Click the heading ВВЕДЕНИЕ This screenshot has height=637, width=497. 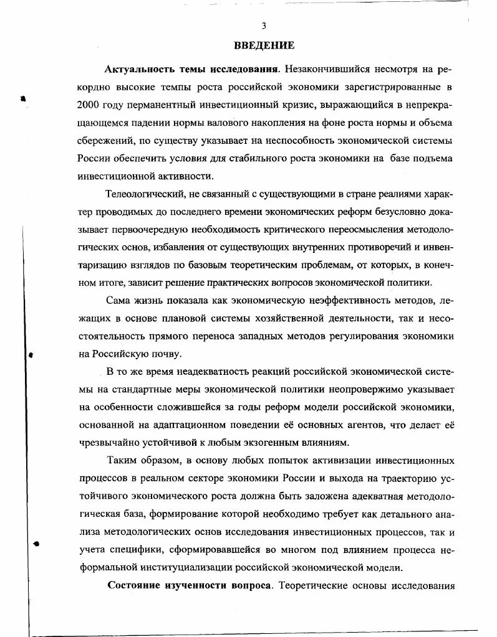(264, 45)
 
